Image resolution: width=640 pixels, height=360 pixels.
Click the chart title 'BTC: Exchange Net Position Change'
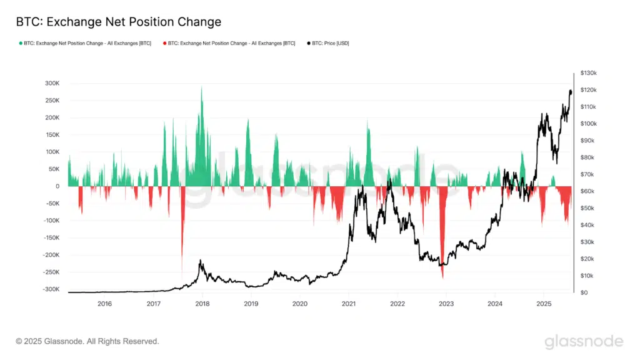[x=119, y=22]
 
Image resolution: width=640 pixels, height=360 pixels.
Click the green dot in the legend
[x=21, y=43]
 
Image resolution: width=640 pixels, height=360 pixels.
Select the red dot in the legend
[x=164, y=43]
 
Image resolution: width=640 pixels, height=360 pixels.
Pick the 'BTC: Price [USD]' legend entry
[x=331, y=43]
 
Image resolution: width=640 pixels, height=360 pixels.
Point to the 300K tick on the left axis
[x=51, y=83]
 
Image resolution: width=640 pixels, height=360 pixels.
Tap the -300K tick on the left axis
[x=49, y=289]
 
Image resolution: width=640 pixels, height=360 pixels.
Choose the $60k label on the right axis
[x=587, y=191]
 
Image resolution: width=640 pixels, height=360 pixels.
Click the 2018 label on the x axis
[x=202, y=304]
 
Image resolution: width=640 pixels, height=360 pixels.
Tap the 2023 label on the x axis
[x=446, y=304]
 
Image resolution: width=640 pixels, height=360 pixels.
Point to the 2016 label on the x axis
[x=104, y=304]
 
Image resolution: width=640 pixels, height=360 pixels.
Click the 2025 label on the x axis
[x=544, y=304]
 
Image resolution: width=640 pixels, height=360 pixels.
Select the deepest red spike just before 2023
[x=442, y=275]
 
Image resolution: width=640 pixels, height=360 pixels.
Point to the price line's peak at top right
[x=570, y=91]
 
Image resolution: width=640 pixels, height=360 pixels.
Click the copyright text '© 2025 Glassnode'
[x=87, y=341]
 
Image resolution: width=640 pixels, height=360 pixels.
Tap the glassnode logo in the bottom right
[x=584, y=341]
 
